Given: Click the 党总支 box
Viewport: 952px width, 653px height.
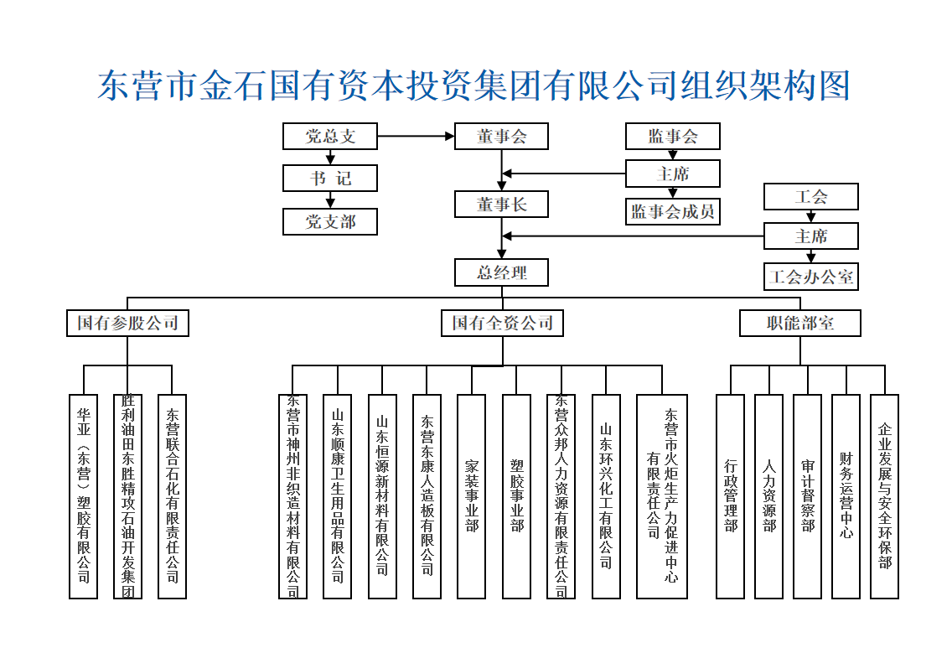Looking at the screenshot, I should click(330, 136).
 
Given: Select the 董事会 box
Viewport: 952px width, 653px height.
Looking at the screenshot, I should click(501, 136).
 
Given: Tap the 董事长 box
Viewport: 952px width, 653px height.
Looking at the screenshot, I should click(501, 205).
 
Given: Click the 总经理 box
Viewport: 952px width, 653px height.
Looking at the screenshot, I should click(501, 272).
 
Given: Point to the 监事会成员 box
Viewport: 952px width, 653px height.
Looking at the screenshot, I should click(673, 211).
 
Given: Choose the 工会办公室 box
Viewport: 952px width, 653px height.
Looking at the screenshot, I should click(810, 277).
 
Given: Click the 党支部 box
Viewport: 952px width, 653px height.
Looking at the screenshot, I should click(330, 221).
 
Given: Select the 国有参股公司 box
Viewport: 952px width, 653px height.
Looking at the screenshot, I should click(127, 323).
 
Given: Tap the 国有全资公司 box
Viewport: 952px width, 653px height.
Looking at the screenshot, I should click(502, 323).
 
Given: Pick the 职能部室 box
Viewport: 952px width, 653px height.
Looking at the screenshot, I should click(799, 323).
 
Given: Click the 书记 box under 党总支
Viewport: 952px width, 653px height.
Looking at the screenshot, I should click(330, 178).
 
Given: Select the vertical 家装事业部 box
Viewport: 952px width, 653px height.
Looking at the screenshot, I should click(471, 496).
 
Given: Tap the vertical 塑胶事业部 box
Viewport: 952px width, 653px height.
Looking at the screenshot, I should click(516, 496).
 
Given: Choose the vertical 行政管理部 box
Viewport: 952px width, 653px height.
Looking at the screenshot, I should click(730, 496).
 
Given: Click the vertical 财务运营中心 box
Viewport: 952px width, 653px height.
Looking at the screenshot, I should click(846, 496).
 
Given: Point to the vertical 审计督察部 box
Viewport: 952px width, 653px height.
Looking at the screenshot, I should click(807, 496).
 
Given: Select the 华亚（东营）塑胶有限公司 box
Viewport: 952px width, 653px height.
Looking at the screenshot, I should click(83, 496).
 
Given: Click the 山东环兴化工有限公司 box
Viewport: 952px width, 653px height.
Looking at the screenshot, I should click(606, 496).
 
